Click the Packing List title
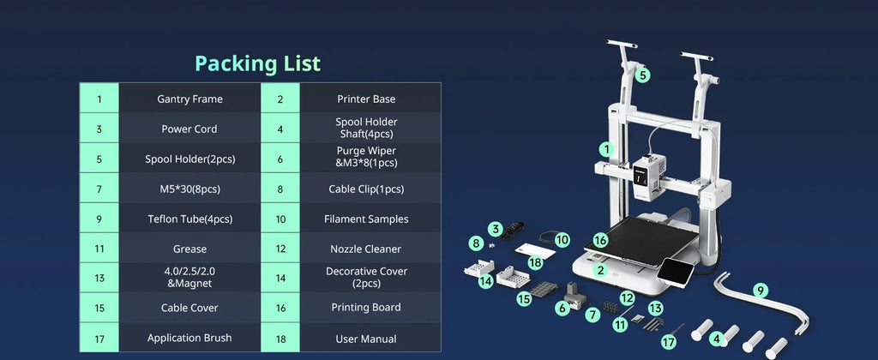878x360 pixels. coord(257,63)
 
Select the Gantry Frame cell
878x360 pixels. coord(189,99)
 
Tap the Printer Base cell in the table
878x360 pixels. coord(366,99)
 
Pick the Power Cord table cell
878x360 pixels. coord(189,129)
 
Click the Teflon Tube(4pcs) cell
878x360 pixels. coord(189,219)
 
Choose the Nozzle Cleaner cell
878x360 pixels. coord(366,249)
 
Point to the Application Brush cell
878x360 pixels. coord(189,338)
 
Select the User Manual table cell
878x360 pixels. coord(366,339)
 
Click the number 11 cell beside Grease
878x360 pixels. coord(99,249)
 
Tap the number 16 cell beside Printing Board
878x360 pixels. coord(280,308)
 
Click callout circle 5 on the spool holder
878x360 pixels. coord(642,75)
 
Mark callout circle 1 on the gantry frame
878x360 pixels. coord(606,149)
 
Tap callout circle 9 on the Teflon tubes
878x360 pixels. coord(760,291)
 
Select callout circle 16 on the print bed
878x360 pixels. coord(600,240)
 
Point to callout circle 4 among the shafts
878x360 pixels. coord(716,339)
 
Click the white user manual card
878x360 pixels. coord(535,251)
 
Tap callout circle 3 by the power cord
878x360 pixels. coord(495,229)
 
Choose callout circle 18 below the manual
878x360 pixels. coord(535,262)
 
